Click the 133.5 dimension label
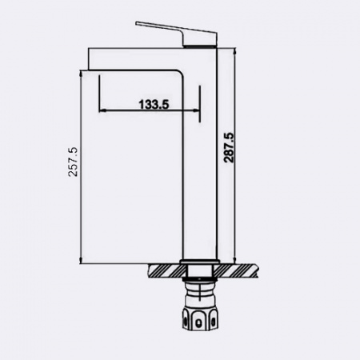pos(154,104)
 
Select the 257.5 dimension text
pos(73,162)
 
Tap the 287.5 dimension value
pos(229,147)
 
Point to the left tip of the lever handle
pos(137,23)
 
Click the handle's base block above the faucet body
pos(199,39)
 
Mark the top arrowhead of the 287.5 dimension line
pos(234,50)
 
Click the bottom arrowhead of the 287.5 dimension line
pos(234,260)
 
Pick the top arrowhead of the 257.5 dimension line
pos(81,73)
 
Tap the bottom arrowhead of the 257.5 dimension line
pos(81,261)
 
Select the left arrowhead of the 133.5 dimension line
pos(102,110)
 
